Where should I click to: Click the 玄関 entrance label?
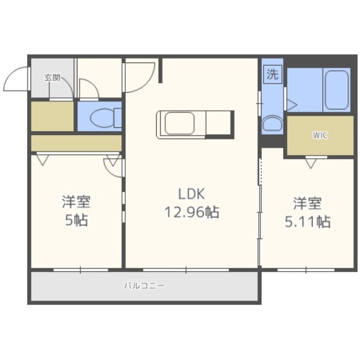pyautogui.click(x=52, y=78)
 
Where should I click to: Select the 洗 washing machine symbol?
pyautogui.click(x=273, y=74)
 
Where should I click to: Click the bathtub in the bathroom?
pyautogui.click(x=337, y=90)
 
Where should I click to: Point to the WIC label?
pyautogui.click(x=320, y=135)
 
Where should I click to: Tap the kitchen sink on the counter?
pyautogui.click(x=180, y=123)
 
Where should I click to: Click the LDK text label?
pyautogui.click(x=191, y=194)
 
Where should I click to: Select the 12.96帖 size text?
pyautogui.click(x=192, y=212)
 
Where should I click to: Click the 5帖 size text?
pyautogui.click(x=76, y=220)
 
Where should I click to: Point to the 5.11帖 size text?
pyautogui.click(x=307, y=222)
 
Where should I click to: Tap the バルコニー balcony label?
pyautogui.click(x=144, y=286)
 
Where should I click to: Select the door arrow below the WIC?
pyautogui.click(x=310, y=164)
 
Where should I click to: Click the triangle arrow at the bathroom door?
pyautogui.click(x=292, y=105)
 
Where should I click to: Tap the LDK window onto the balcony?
pyautogui.click(x=186, y=270)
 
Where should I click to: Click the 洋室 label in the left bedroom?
pyautogui.click(x=76, y=202)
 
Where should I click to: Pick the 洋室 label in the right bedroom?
pyautogui.click(x=307, y=203)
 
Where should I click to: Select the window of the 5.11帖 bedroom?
pyautogui.click(x=306, y=270)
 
